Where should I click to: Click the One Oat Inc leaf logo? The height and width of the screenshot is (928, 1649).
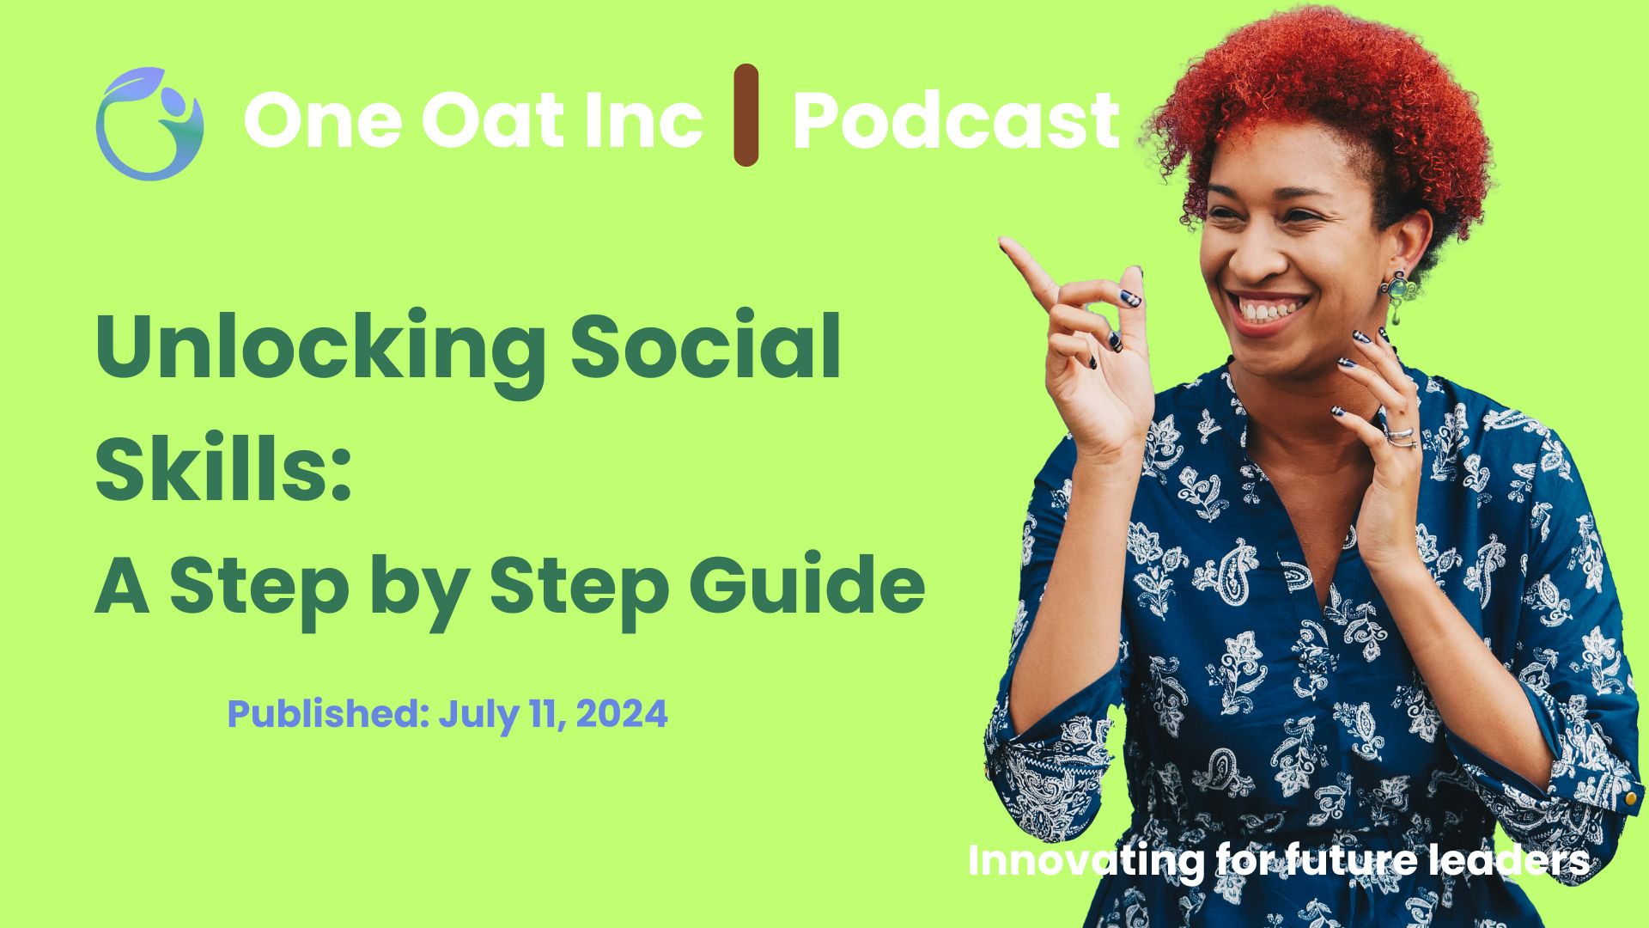tap(149, 123)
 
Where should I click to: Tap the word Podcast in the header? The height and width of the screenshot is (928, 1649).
tap(956, 119)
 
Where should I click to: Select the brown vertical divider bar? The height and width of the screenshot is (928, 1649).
tap(746, 114)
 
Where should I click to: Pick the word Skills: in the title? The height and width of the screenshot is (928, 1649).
tap(223, 466)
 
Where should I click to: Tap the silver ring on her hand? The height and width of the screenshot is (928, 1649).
tap(1401, 437)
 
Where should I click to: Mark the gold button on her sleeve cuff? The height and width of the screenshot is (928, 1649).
tap(1630, 800)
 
